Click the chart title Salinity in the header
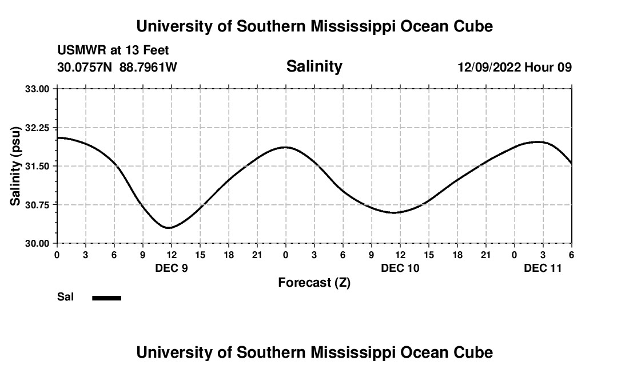pyautogui.click(x=314, y=66)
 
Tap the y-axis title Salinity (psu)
pyautogui.click(x=16, y=166)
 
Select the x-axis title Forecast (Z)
pyautogui.click(x=314, y=282)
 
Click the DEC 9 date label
pyautogui.click(x=172, y=268)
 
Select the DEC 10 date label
pyautogui.click(x=400, y=268)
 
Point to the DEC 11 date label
pyautogui.click(x=543, y=268)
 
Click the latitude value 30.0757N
pyautogui.click(x=86, y=68)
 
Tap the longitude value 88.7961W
pyautogui.click(x=148, y=68)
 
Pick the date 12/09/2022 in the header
pyautogui.click(x=489, y=68)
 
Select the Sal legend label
pyautogui.click(x=66, y=297)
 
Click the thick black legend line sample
pyautogui.click(x=107, y=298)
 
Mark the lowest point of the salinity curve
pyautogui.click(x=168, y=228)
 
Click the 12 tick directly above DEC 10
pyautogui.click(x=400, y=254)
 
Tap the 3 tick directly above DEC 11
pyautogui.click(x=543, y=254)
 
